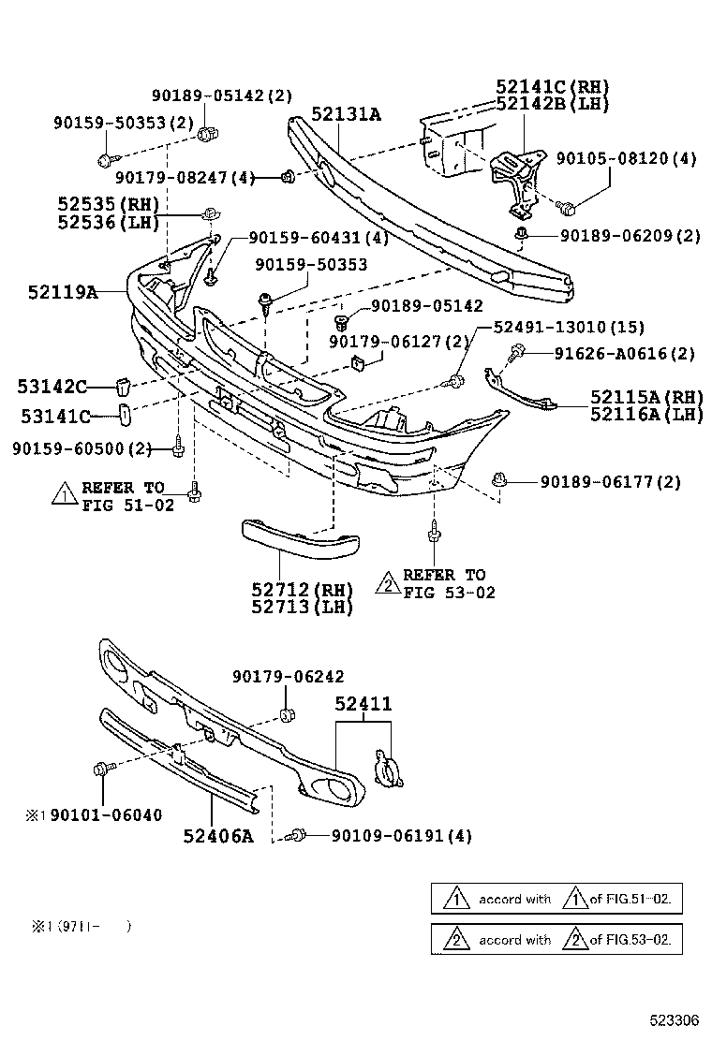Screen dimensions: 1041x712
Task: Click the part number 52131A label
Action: click(347, 115)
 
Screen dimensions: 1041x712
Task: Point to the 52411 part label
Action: click(363, 704)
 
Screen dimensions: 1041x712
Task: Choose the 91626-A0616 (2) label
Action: click(612, 353)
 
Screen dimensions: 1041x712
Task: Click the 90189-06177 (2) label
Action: click(610, 482)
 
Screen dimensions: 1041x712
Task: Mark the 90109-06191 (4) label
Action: click(389, 835)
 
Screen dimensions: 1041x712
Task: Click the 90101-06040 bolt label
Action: click(105, 815)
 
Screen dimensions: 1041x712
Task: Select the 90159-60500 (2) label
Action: click(82, 449)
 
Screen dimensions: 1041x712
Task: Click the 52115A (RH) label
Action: click(646, 397)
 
